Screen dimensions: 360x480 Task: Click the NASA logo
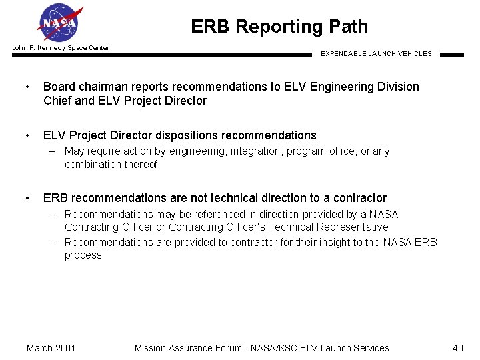coord(60,23)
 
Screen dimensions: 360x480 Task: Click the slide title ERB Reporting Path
coord(279,27)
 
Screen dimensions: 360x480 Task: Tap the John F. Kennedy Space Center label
coord(61,48)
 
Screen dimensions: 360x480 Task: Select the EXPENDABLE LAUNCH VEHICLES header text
coord(376,54)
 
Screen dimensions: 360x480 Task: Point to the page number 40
coord(457,348)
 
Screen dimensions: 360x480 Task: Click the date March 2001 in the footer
coord(51,348)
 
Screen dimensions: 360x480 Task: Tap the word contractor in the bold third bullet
coord(359,198)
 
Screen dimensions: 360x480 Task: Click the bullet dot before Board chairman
coord(27,87)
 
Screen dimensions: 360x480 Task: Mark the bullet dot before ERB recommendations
coord(27,199)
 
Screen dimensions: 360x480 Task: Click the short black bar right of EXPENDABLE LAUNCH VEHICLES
coord(451,55)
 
